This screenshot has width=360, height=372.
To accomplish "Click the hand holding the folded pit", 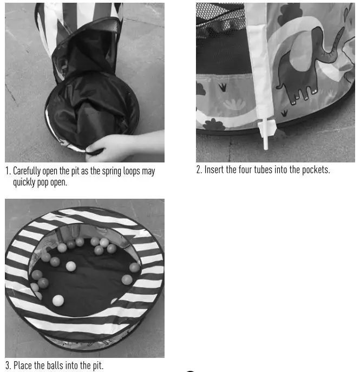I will [x=111, y=146].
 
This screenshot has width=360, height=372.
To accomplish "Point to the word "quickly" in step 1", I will [x=24, y=182].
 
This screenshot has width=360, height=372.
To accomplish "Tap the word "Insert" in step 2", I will [x=214, y=170].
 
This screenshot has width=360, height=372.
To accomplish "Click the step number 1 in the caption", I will [x=8, y=171].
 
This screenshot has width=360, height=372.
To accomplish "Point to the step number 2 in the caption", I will [x=199, y=170].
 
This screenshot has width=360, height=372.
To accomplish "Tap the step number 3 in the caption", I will [x=8, y=366].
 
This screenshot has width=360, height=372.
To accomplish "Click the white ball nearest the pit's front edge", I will [x=58, y=300].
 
